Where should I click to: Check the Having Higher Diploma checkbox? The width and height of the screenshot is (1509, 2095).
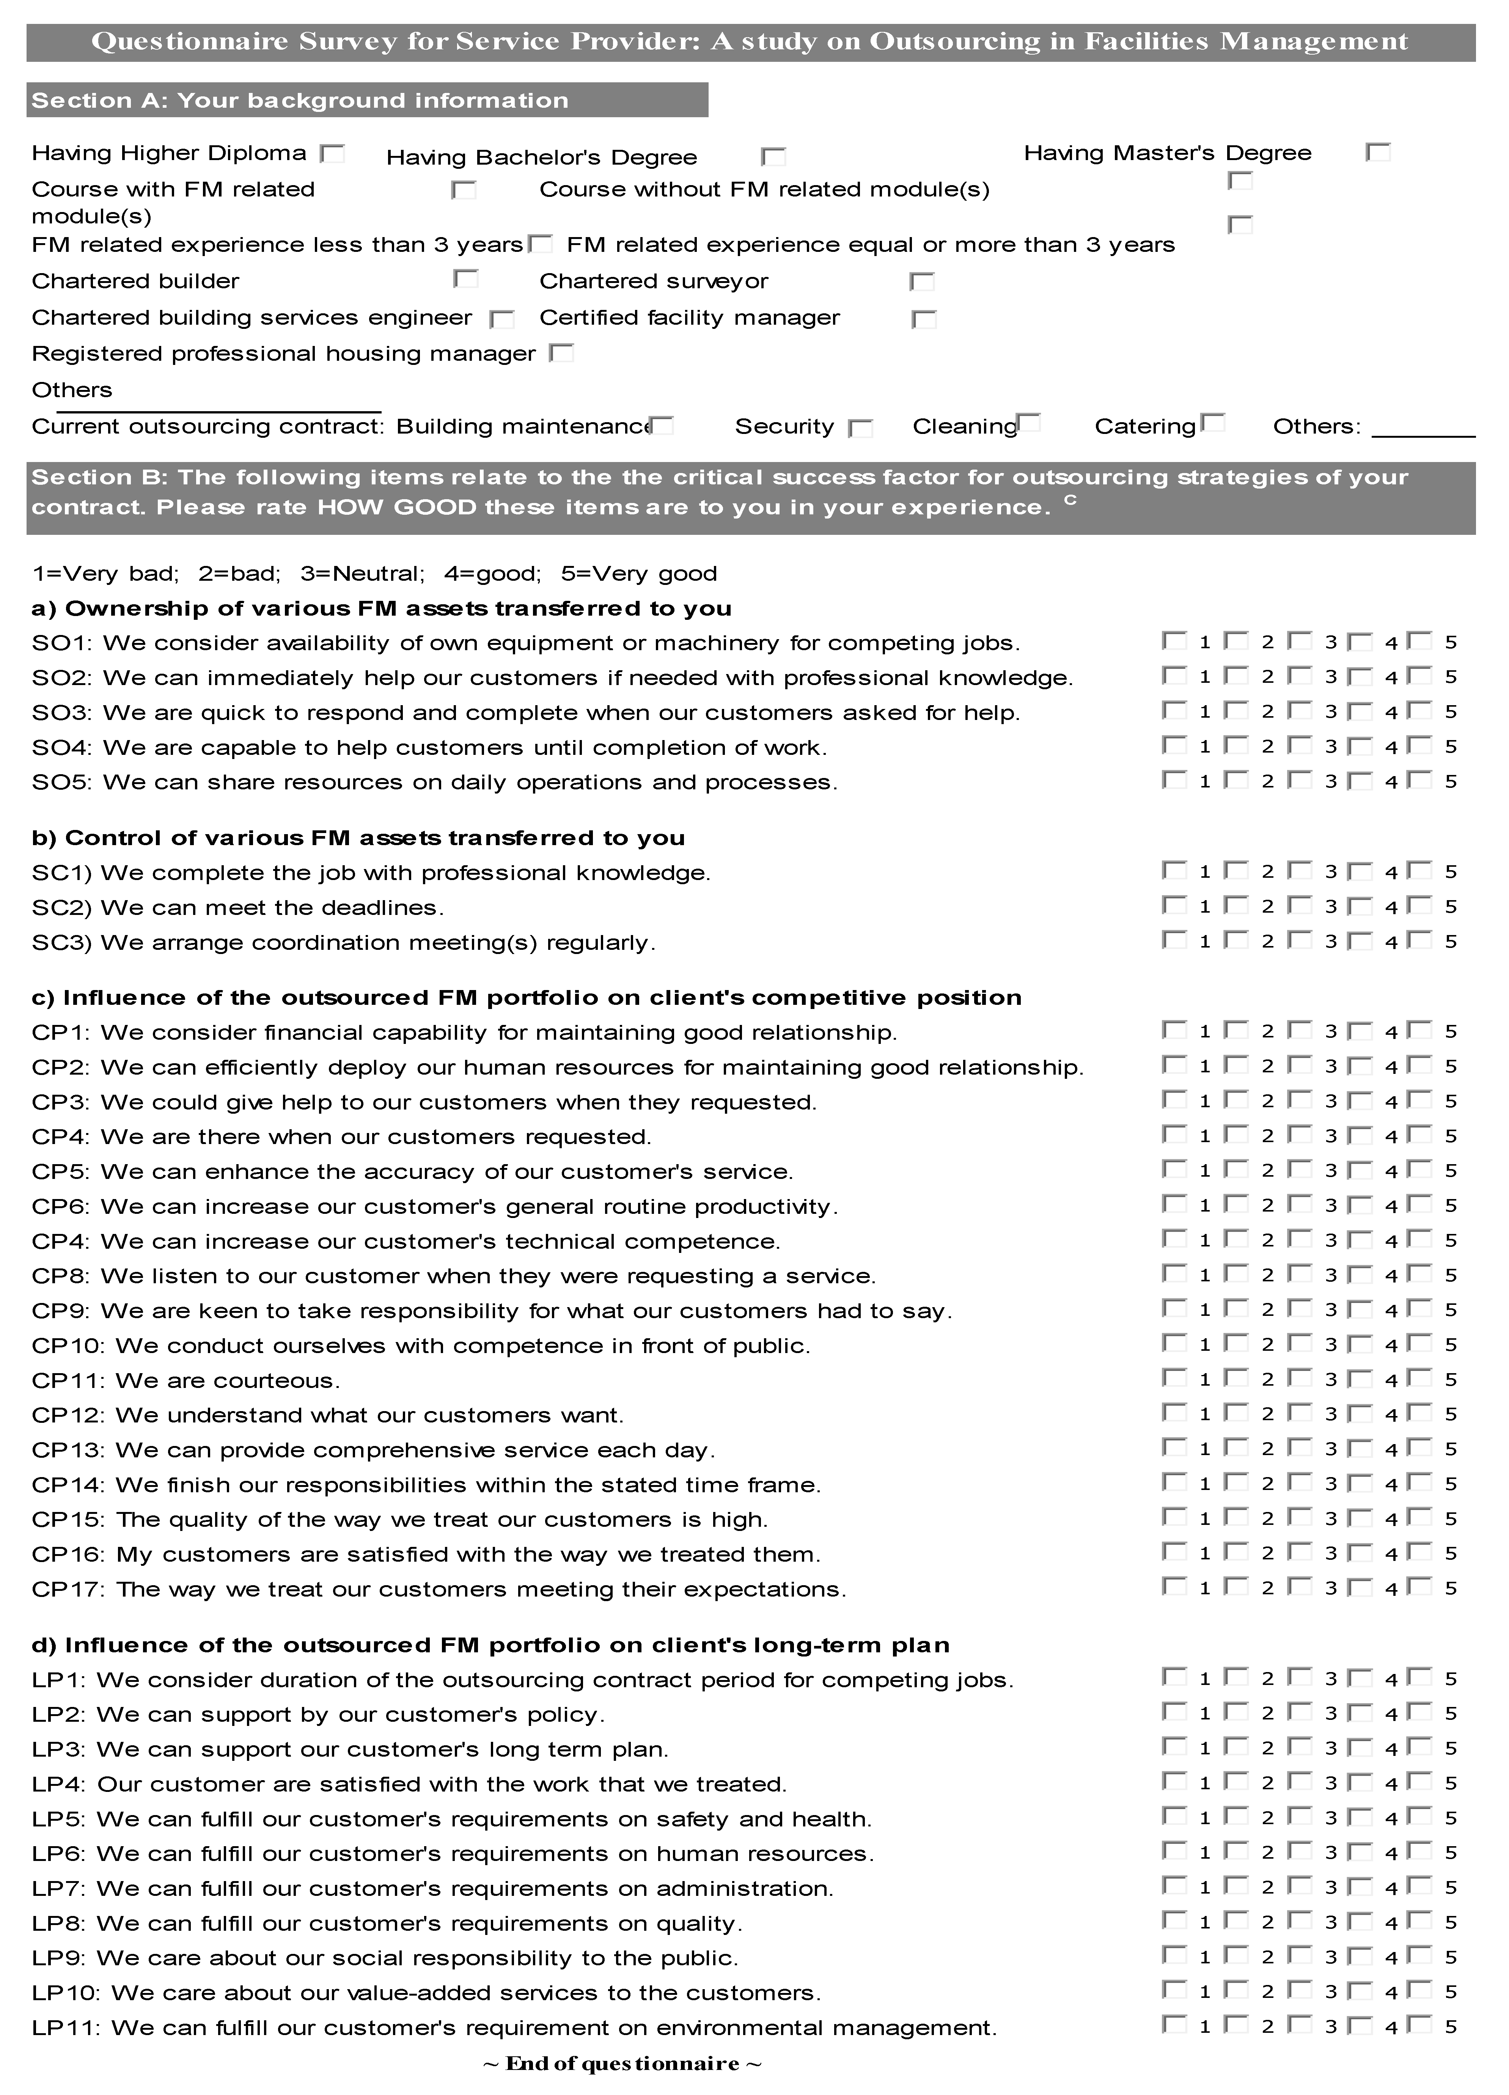[332, 153]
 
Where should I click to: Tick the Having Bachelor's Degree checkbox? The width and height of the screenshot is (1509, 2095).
[773, 157]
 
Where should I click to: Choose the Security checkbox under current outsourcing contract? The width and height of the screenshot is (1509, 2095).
[860, 427]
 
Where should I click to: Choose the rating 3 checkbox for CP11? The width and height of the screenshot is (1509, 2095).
[1299, 1378]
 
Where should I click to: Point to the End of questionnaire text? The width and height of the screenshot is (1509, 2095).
[622, 2064]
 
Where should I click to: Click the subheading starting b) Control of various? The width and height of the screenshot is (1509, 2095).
[357, 838]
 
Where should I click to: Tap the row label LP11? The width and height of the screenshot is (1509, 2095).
[66, 2027]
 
